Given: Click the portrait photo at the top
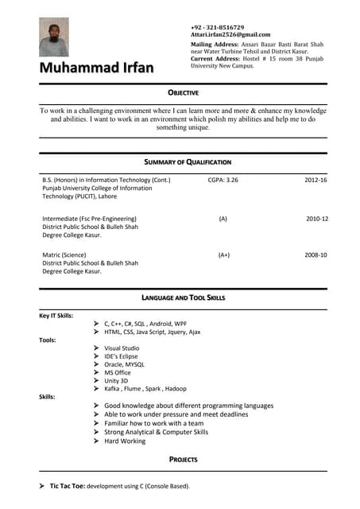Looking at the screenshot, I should pyautogui.click(x=54, y=37).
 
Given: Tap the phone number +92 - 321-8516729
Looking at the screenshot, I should pyautogui.click(x=217, y=27).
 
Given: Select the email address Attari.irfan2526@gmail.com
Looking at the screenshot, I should pyautogui.click(x=230, y=35).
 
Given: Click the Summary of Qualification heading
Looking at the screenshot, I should pyautogui.click(x=188, y=162).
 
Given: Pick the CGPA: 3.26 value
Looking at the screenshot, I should pyautogui.click(x=223, y=181).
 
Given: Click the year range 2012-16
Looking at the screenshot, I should pyautogui.click(x=316, y=181).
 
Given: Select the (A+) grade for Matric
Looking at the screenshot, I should pyautogui.click(x=223, y=254).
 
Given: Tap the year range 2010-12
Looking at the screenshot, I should pyautogui.click(x=317, y=218).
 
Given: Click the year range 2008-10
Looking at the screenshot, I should pyautogui.click(x=316, y=254).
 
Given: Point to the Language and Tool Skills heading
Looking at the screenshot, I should pyautogui.click(x=184, y=297).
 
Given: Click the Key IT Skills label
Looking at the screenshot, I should pyautogui.click(x=56, y=316).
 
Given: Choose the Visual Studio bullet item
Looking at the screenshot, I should pyautogui.click(x=122, y=348).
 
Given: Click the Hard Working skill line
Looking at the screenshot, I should pyautogui.click(x=125, y=441).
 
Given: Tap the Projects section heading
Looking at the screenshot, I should pyautogui.click(x=183, y=460).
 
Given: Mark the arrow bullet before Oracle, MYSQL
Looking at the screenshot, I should pyautogui.click(x=95, y=364).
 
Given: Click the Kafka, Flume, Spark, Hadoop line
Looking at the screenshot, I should pyautogui.click(x=145, y=388).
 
